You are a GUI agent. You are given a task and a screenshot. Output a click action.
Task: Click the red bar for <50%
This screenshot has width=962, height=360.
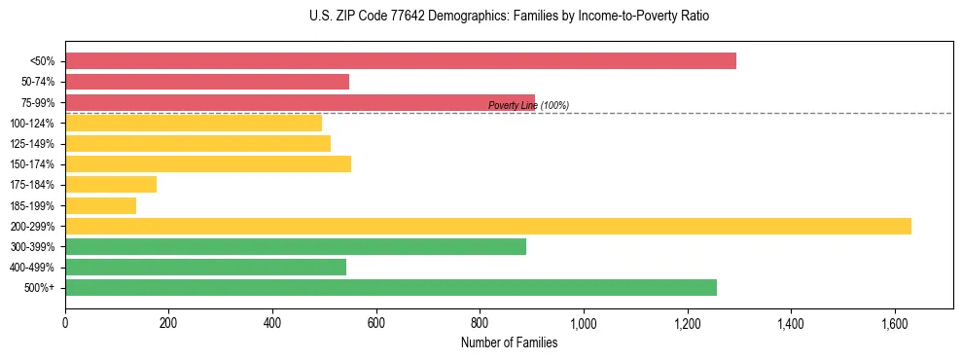pos(400,61)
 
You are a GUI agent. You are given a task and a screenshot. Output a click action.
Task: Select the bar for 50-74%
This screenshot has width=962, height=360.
pos(207,82)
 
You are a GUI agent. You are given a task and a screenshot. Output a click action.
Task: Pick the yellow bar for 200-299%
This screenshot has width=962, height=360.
pos(487,226)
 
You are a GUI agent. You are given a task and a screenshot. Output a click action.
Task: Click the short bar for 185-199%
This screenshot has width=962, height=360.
pos(100,205)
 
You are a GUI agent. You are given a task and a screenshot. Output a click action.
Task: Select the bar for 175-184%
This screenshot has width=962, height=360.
pos(111,185)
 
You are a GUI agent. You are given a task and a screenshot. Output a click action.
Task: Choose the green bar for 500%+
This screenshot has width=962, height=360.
pos(390,287)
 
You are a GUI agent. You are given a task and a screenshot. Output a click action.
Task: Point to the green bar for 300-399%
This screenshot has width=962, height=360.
pos(296,246)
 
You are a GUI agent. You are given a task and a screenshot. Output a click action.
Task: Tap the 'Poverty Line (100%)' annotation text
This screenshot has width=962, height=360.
pos(528,106)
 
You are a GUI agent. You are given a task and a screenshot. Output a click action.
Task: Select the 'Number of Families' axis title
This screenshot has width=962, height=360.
pos(509,342)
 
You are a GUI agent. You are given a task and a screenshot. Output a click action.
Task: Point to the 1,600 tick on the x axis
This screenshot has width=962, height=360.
pos(894,322)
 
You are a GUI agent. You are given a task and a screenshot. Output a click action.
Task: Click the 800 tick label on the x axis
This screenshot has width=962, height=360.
pos(480,322)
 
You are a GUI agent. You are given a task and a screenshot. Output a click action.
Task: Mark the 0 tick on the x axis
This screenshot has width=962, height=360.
pos(65,322)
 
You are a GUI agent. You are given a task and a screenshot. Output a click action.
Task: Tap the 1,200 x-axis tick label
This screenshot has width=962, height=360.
pos(687,322)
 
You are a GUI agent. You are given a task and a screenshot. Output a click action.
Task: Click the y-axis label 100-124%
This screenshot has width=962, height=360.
pos(32,124)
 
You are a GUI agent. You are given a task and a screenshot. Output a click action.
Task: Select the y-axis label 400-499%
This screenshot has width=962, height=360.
pos(32,268)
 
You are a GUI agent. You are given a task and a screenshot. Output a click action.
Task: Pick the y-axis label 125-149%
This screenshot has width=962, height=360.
pos(32,144)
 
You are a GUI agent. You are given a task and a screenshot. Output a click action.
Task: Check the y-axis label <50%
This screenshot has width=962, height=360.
pos(42,61)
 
